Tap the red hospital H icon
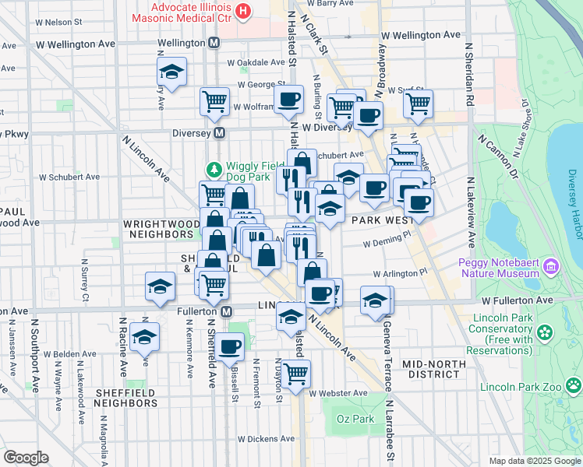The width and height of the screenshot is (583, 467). [244, 11]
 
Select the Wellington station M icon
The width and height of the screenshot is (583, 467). [214, 43]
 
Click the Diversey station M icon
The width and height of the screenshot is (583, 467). [220, 133]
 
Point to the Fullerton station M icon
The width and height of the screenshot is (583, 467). [226, 312]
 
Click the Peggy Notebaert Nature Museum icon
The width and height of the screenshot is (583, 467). [553, 267]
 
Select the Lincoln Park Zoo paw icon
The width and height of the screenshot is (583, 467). [574, 385]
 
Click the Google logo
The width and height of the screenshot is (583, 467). [26, 458]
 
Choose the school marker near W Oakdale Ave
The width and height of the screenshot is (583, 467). [171, 72]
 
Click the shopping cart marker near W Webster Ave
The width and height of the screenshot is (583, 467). [295, 373]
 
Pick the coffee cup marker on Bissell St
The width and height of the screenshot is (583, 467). [230, 346]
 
